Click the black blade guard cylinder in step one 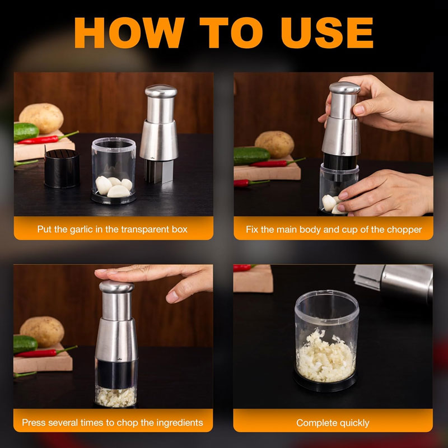(62, 169)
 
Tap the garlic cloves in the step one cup (114, 186)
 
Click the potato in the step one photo (41, 118)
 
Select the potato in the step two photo (274, 144)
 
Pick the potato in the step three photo (42, 332)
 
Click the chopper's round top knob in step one (161, 91)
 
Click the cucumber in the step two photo (251, 156)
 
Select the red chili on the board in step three (46, 352)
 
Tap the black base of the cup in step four (325, 383)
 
